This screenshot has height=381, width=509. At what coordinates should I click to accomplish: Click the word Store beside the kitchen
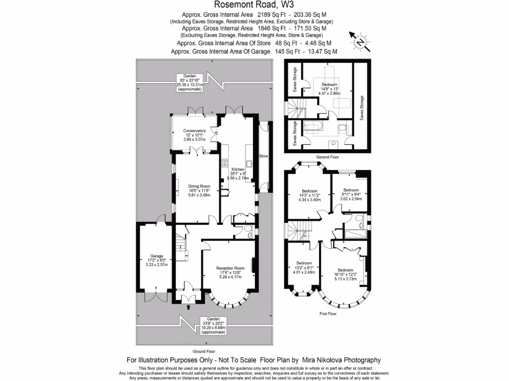click(264, 157)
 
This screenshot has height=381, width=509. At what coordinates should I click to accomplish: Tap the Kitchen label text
click(238, 169)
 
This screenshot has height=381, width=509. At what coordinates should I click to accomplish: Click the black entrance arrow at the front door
click(188, 307)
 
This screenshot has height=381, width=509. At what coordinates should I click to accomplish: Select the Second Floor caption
click(327, 157)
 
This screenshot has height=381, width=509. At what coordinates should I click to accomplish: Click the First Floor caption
click(328, 314)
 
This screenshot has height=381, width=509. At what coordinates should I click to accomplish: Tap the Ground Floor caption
click(204, 350)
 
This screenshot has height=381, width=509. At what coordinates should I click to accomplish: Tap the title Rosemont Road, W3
click(254, 5)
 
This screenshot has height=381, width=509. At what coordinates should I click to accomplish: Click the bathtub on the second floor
click(312, 127)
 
